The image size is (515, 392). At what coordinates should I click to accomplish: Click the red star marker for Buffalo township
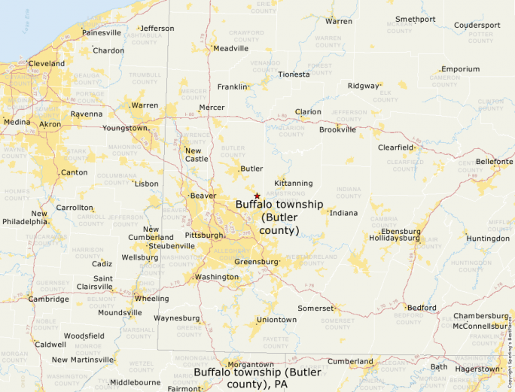257,196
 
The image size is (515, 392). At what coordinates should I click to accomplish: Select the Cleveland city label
46,64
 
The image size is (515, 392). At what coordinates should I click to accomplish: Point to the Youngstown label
125,128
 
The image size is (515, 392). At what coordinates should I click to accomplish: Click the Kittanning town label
294,183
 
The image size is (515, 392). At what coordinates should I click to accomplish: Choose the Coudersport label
477,25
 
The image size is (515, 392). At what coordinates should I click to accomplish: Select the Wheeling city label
151,298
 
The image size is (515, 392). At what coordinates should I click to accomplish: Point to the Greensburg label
257,262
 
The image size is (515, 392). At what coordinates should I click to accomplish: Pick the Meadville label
231,48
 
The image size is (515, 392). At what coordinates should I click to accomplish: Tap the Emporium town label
460,69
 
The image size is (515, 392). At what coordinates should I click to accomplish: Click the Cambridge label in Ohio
48,299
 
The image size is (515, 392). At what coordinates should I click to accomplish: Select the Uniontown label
277,320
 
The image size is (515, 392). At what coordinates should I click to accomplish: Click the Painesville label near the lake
101,32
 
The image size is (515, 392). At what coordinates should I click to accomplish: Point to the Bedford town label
421,308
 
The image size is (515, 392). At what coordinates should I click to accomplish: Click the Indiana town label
344,213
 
